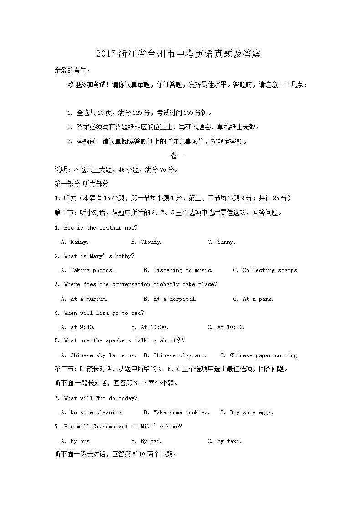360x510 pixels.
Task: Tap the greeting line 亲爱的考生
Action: point(72,70)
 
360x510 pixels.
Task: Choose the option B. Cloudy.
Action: point(146,242)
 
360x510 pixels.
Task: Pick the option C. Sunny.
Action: point(221,242)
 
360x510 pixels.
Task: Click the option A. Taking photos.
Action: point(87,270)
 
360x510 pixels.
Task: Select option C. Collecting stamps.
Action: point(266,270)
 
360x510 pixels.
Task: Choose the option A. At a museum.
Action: point(84,299)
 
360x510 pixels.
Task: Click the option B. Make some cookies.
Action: point(176,412)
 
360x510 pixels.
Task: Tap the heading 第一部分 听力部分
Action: point(82,184)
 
